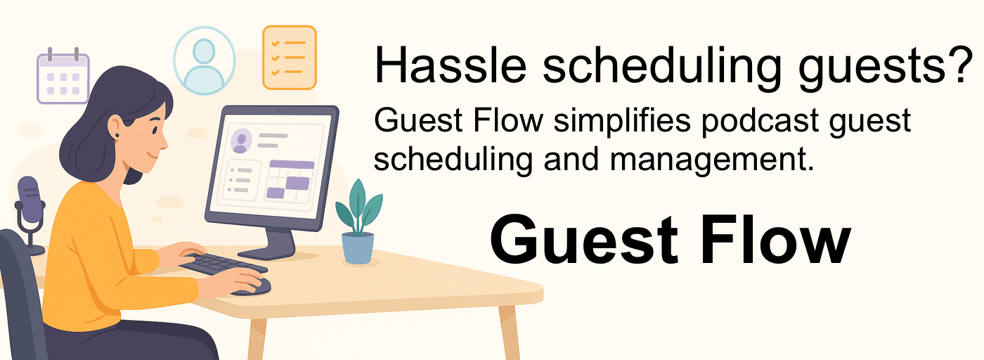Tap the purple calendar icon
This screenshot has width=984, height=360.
63,77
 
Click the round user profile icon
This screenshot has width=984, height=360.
205,60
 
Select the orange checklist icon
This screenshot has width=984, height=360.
290,58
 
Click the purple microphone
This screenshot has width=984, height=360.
30,207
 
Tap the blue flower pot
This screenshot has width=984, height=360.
358,248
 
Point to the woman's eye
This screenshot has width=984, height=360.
155,131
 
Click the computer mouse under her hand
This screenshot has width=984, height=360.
254,288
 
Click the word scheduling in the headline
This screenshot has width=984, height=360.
662,65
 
